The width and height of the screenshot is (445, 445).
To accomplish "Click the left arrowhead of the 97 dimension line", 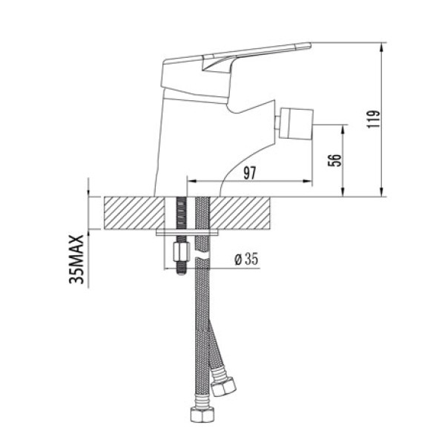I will pyautogui.click(x=190, y=180).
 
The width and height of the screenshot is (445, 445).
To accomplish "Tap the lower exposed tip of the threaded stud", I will pyautogui.click(x=179, y=272).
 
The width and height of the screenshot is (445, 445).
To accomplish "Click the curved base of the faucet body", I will pyautogui.click(x=215, y=182).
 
